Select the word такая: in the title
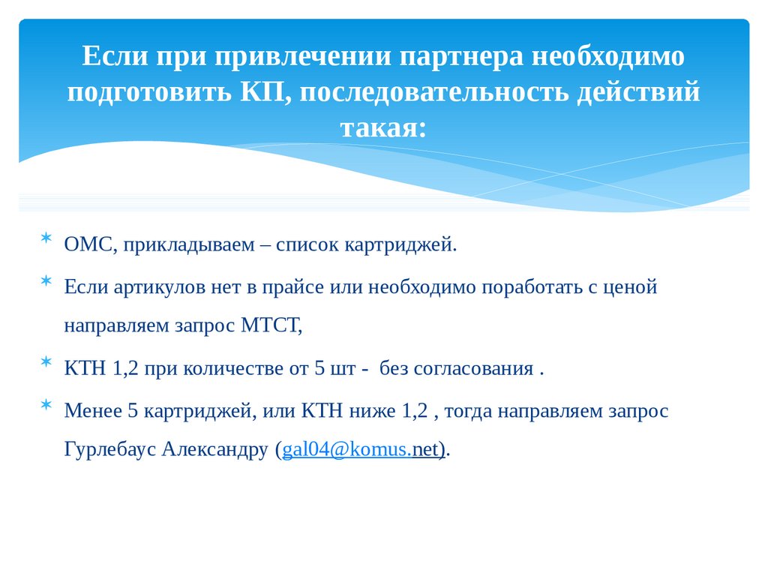(382, 128)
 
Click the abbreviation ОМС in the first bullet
(88, 244)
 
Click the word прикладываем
(186, 244)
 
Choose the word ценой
(629, 286)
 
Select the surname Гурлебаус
(109, 450)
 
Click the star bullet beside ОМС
(46, 239)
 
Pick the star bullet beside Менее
(46, 405)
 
